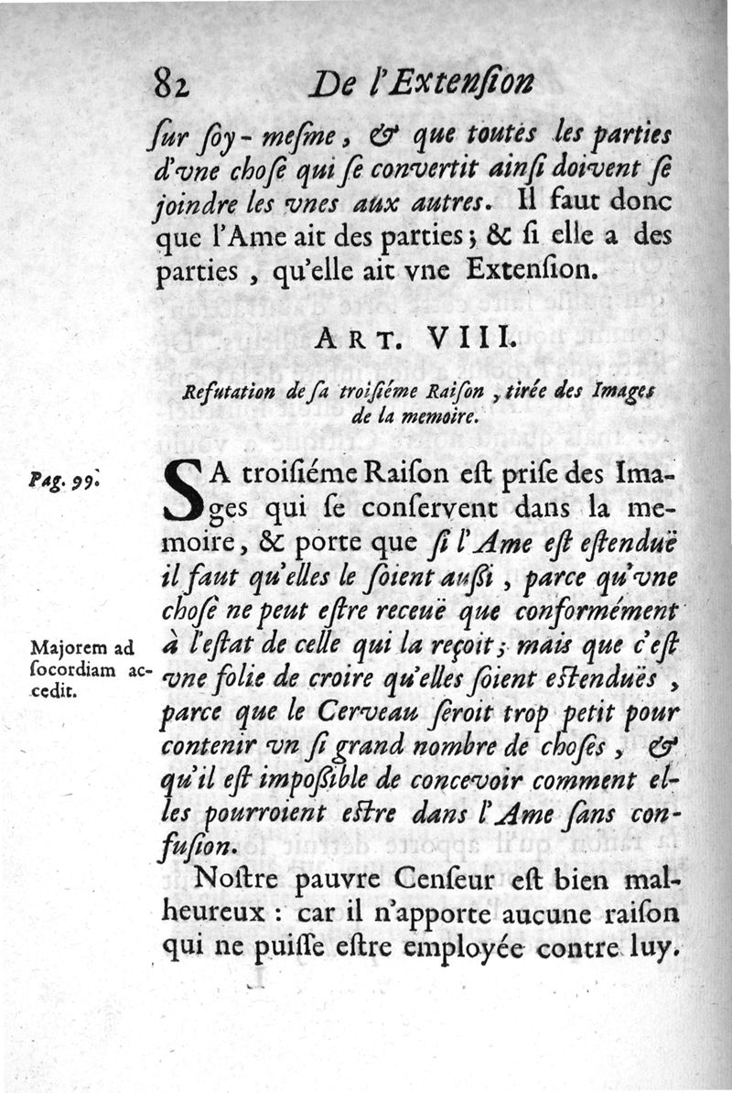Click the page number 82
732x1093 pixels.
170,85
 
